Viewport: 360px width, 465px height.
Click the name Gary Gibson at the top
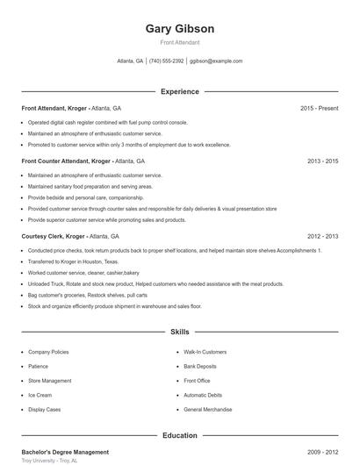(179, 28)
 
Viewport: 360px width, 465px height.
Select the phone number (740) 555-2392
(167, 61)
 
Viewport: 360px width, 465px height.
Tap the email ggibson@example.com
(216, 61)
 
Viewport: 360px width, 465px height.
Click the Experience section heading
(179, 91)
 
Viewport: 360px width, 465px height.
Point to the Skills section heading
(179, 333)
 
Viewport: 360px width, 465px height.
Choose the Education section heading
(179, 435)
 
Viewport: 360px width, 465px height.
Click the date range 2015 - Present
(319, 108)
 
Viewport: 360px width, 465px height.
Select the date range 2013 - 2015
(322, 161)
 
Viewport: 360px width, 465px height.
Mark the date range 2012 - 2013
(322, 236)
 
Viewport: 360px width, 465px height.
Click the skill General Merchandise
(208, 409)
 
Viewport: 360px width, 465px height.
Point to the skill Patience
(39, 366)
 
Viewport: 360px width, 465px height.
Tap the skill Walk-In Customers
(205, 352)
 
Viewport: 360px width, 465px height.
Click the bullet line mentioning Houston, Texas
(73, 261)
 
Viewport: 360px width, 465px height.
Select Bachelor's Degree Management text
(65, 452)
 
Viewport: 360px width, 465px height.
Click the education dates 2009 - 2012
(322, 452)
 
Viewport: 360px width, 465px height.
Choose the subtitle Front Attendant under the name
(179, 42)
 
